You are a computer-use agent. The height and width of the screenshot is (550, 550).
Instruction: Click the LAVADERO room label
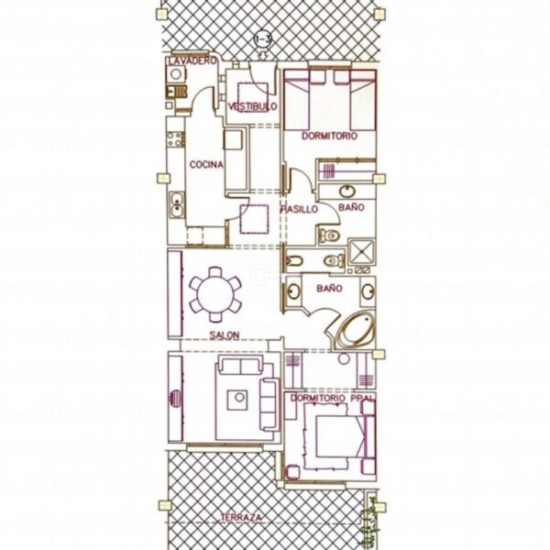tap(192, 60)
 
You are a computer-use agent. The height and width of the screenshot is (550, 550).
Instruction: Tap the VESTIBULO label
tap(253, 106)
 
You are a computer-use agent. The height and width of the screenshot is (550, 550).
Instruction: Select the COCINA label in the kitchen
tap(206, 164)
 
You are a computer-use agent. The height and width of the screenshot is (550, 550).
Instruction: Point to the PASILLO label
tap(299, 209)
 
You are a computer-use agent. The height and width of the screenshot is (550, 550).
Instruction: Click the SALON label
tap(225, 335)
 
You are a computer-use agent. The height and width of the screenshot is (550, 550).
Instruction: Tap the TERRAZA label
tap(241, 517)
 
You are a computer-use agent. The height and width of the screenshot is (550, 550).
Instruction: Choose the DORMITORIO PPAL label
tap(332, 398)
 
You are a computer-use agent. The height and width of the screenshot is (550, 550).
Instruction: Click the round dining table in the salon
tap(215, 294)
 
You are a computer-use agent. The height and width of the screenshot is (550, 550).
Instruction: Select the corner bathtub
tap(355, 331)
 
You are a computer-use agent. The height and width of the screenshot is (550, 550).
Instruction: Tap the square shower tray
tap(361, 251)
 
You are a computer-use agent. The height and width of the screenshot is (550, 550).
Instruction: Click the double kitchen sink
tap(178, 205)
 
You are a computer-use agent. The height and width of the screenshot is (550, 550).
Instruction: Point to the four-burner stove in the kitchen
tap(175, 139)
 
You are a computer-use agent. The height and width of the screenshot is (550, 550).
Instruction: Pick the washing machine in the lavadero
tap(176, 74)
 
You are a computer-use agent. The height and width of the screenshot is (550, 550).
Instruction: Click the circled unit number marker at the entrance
tap(263, 39)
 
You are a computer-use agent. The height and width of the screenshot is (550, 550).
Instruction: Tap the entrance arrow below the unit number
tap(263, 55)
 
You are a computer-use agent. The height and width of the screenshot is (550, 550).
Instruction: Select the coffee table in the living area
tap(237, 401)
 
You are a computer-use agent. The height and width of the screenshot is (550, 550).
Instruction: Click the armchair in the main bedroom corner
tap(292, 472)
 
